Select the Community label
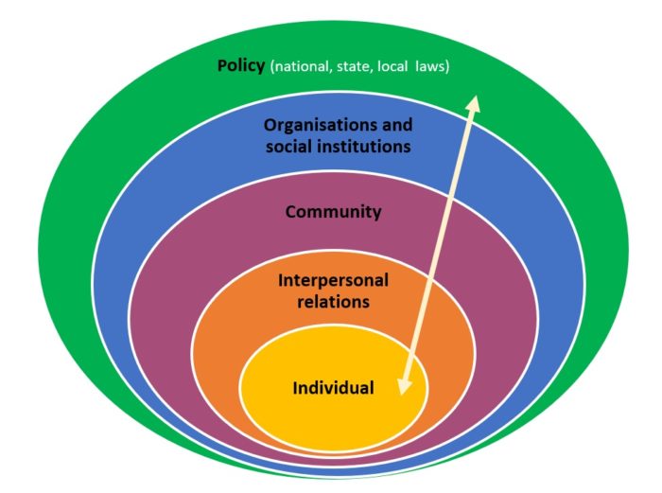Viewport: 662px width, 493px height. pyautogui.click(x=334, y=212)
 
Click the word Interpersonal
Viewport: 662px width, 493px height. pyautogui.click(x=334, y=281)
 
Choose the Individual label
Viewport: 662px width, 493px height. pyautogui.click(x=333, y=388)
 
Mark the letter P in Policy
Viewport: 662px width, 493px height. pyautogui.click(x=221, y=66)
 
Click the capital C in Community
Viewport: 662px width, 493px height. pyautogui.click(x=291, y=212)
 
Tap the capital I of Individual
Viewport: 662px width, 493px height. pyautogui.click(x=296, y=388)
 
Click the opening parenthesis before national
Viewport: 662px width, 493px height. pyautogui.click(x=273, y=67)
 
